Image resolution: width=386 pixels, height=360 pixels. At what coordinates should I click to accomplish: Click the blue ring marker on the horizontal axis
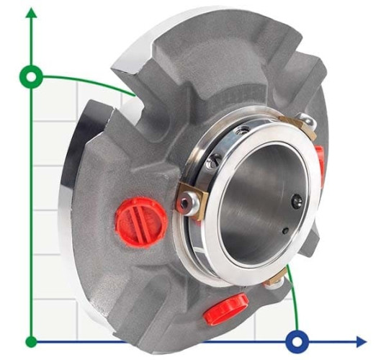coord(296,341)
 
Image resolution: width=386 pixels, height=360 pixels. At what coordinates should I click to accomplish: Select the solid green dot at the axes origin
coord(31,341)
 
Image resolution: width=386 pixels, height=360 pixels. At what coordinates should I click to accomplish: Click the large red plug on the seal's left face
coord(140,221)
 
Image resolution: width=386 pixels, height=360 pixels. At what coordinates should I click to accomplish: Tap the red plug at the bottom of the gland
coord(225,309)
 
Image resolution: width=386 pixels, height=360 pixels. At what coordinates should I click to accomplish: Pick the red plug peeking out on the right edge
coord(319,161)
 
